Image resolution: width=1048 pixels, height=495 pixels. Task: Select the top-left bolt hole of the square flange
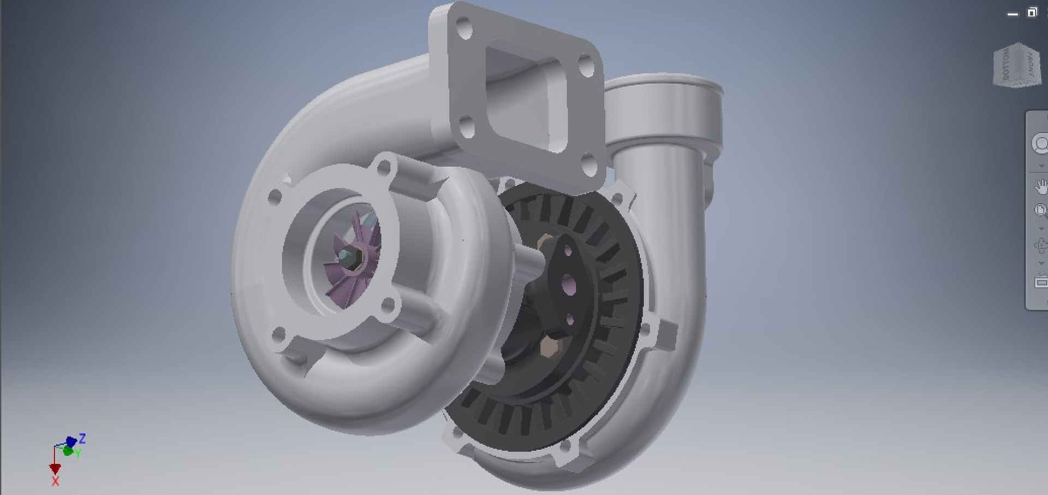[464, 28]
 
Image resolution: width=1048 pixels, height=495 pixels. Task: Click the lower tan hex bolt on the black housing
[549, 347]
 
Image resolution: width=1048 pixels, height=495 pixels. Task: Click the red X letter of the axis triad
[55, 481]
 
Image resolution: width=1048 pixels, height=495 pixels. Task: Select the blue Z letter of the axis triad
[82, 438]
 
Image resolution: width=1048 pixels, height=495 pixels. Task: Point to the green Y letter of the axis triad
[78, 454]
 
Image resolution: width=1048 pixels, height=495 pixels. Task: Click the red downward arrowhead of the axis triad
[55, 469]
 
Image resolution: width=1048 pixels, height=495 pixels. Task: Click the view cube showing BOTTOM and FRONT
[1017, 64]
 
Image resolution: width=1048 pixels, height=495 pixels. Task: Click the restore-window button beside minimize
[1032, 13]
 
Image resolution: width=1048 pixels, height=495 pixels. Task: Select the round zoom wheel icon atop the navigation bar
[1040, 144]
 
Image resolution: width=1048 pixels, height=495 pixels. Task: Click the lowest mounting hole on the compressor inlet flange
[278, 333]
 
